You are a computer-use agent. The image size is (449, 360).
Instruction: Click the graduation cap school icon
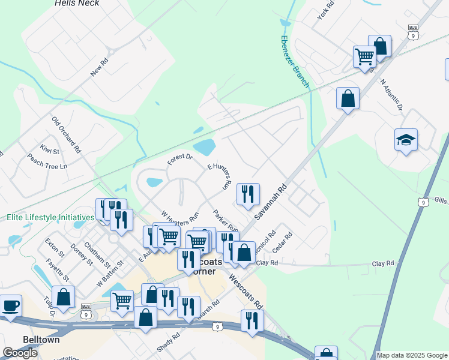coord(406,140)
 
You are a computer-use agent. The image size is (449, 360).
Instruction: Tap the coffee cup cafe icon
coord(11,306)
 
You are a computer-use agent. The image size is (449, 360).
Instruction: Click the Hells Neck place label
coord(77,3)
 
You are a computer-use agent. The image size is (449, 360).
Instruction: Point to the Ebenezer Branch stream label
coord(295,61)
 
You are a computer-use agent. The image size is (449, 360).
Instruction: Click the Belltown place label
coord(41,339)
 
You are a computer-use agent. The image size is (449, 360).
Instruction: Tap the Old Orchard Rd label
coord(66,134)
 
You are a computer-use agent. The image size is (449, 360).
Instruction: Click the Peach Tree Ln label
coord(47,161)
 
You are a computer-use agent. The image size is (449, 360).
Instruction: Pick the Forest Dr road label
coord(179,159)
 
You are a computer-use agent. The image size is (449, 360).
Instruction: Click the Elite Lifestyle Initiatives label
coord(50,217)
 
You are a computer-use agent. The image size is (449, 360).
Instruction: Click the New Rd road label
coord(99,67)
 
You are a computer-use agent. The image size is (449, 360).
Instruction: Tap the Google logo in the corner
coord(20,353)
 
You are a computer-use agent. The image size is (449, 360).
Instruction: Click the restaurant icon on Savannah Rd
coord(248,194)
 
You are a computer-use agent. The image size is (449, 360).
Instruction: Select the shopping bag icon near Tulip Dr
coord(63,298)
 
